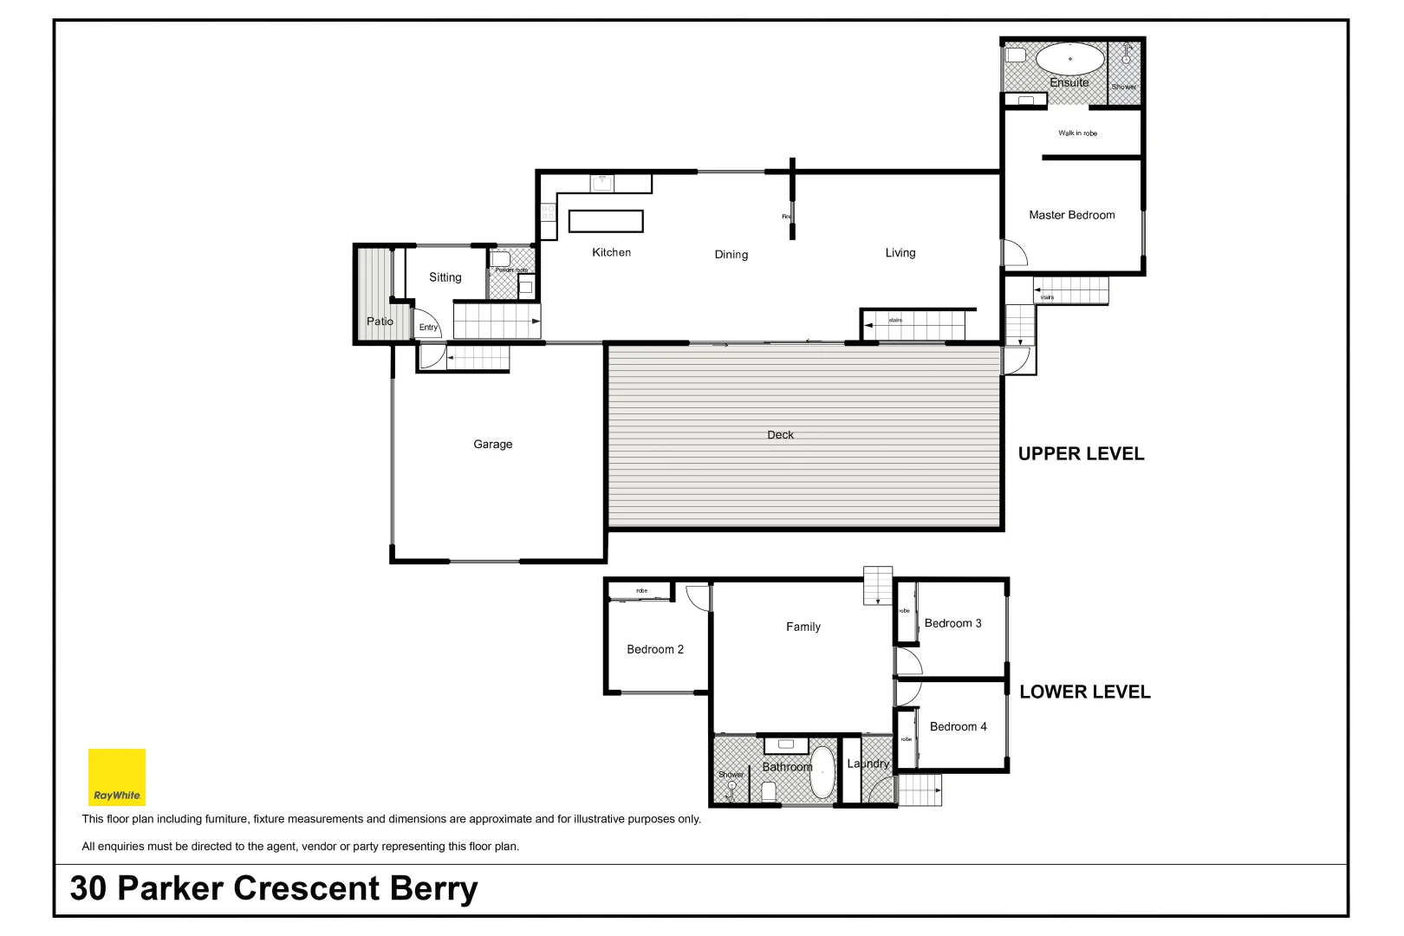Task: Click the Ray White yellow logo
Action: click(x=117, y=777)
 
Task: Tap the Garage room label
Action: click(x=492, y=445)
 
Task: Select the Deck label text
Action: click(x=780, y=435)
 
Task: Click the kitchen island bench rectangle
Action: click(x=606, y=222)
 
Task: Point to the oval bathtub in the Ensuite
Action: click(x=1070, y=60)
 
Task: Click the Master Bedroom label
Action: click(x=1071, y=215)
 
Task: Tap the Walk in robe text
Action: click(x=1077, y=133)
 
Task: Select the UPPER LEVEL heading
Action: click(x=1081, y=454)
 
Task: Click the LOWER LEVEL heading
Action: click(x=1084, y=692)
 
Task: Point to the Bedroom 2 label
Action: click(x=655, y=649)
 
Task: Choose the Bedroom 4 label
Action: click(x=958, y=726)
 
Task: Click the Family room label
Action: click(x=803, y=627)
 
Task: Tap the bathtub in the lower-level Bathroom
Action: click(x=822, y=772)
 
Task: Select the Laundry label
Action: click(x=868, y=764)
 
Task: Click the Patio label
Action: click(x=380, y=322)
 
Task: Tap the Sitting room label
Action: click(x=445, y=277)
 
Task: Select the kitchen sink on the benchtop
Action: click(x=601, y=183)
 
